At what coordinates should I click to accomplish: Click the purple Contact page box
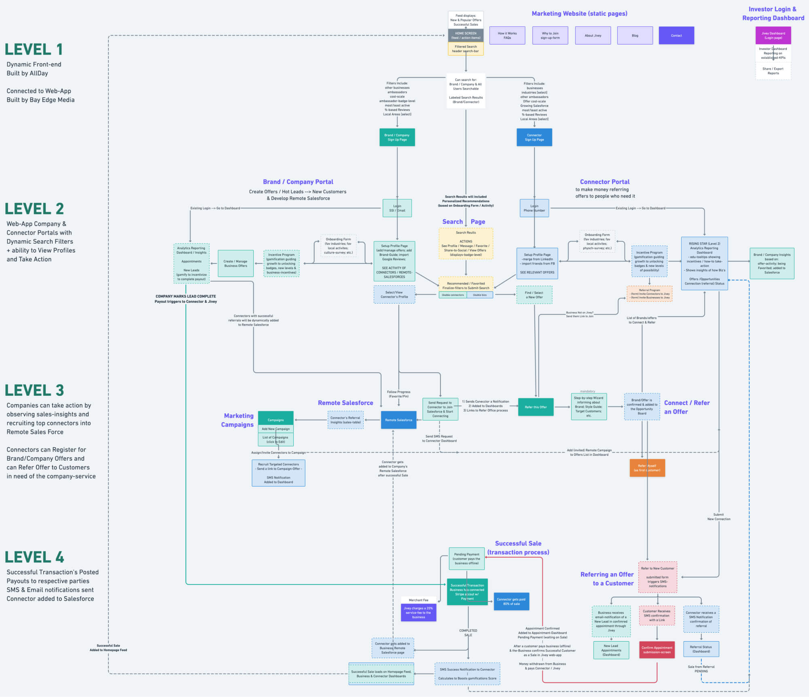coord(676,36)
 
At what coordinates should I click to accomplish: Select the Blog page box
coord(635,36)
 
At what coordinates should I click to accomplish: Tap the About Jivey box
coord(593,36)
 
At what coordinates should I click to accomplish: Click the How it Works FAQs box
coord(507,36)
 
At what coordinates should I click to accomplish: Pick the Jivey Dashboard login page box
coord(773,36)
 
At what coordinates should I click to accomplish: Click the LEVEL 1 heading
coord(34,49)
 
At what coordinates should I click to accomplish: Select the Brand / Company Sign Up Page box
coord(397,137)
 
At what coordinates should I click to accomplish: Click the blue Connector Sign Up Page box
coord(534,137)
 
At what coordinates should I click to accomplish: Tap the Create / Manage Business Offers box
coord(235,263)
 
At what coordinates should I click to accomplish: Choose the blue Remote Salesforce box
coord(398,420)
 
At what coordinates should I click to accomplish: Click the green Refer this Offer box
coord(536,407)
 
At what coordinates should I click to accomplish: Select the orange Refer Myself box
coord(647,468)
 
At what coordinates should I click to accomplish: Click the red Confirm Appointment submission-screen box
coord(657,650)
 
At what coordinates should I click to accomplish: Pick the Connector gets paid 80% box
coord(511,601)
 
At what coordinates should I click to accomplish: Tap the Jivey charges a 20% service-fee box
coord(418,612)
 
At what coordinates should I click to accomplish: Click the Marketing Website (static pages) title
coord(579,13)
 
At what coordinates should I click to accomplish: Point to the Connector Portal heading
coord(604,182)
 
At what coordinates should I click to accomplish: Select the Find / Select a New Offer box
coord(534,295)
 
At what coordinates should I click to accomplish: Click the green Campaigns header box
coord(275,420)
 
